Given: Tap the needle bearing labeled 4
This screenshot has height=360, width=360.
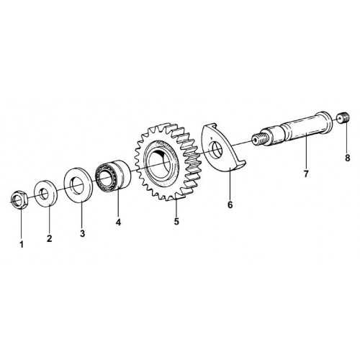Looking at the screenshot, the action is click(x=113, y=175).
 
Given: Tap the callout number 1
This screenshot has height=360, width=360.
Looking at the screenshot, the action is click(x=22, y=245).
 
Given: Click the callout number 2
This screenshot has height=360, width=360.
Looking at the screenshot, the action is click(x=49, y=238).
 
